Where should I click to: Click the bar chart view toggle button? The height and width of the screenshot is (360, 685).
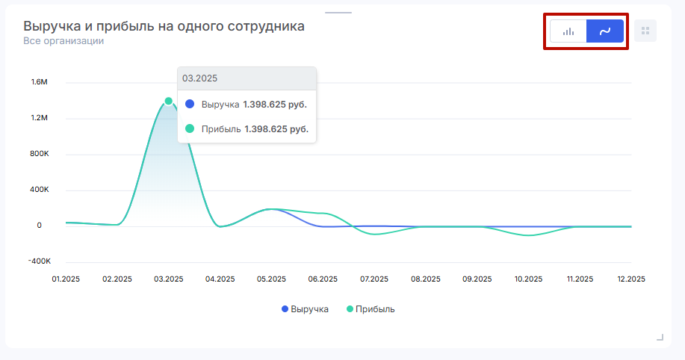[568, 31]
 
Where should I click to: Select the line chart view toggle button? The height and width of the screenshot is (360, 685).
[605, 31]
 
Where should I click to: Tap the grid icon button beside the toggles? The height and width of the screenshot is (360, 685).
[645, 31]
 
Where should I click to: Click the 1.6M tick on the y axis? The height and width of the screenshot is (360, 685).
[40, 82]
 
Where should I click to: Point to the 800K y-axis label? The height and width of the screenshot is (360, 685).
[40, 154]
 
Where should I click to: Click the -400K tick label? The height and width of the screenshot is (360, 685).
[39, 261]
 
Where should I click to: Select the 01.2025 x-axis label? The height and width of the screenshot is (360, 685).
[66, 279]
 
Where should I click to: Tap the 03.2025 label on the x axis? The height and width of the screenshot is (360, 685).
[169, 279]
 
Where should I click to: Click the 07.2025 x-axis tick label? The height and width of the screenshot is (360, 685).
[374, 279]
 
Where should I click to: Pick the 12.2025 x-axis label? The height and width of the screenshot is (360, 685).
[631, 279]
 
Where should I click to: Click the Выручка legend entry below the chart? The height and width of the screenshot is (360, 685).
[305, 309]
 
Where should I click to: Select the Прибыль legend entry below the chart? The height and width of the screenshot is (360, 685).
[371, 309]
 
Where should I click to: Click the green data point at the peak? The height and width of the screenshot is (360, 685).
[169, 101]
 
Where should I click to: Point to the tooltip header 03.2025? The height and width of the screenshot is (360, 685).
[195, 78]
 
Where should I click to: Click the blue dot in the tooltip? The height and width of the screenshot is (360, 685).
[190, 105]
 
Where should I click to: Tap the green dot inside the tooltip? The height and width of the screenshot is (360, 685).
[190, 129]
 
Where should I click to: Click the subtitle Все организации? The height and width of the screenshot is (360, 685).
[63, 41]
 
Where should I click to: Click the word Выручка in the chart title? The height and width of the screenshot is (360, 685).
[52, 26]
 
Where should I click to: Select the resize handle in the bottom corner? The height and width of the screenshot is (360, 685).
[660, 338]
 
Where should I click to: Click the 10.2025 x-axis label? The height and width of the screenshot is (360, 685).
[528, 279]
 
